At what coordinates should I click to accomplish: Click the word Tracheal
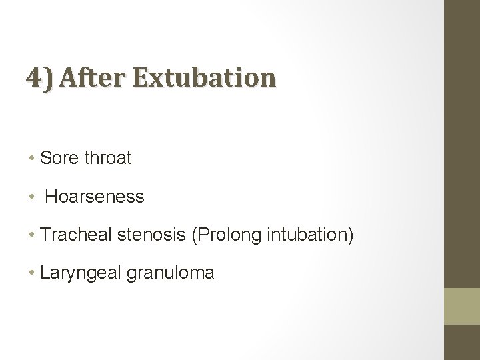point(70,235)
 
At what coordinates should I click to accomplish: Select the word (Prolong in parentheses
point(217,235)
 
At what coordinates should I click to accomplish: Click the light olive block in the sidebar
point(462,307)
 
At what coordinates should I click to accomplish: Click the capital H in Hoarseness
point(51,197)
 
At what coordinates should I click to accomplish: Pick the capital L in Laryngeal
point(45,273)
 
